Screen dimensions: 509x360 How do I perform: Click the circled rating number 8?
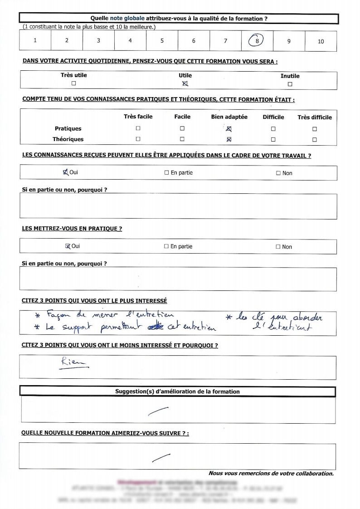(x=257, y=41)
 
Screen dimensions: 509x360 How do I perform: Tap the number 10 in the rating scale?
(x=321, y=41)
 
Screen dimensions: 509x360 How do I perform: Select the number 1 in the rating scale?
(x=35, y=40)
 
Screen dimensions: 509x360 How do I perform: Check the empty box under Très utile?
(x=73, y=83)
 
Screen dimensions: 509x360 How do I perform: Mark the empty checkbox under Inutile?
(x=290, y=84)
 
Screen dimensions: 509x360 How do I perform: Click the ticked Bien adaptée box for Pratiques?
(x=229, y=129)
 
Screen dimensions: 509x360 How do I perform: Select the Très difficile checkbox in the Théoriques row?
(x=314, y=140)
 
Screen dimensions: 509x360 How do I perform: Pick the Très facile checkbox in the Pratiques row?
(x=138, y=129)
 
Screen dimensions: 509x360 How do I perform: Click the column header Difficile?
(x=273, y=117)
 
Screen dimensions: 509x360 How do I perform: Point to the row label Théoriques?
(x=68, y=139)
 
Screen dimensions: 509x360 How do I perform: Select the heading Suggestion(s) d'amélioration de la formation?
(x=177, y=392)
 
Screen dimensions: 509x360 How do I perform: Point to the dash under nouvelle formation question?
(x=161, y=457)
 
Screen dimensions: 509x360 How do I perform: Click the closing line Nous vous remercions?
(x=271, y=473)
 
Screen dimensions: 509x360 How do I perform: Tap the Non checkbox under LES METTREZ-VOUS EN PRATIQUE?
(x=278, y=247)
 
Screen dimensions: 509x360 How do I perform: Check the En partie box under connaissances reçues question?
(x=166, y=173)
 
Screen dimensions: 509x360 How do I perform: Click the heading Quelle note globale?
(x=179, y=19)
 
